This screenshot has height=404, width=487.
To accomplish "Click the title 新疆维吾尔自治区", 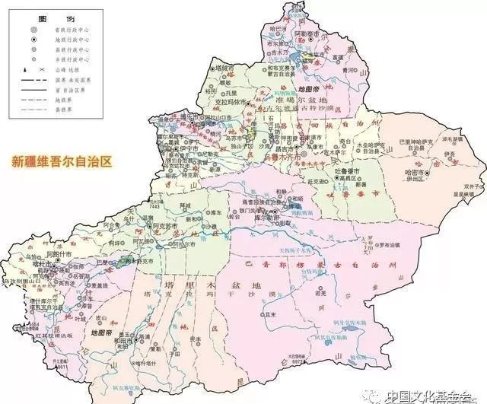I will [61, 162].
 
